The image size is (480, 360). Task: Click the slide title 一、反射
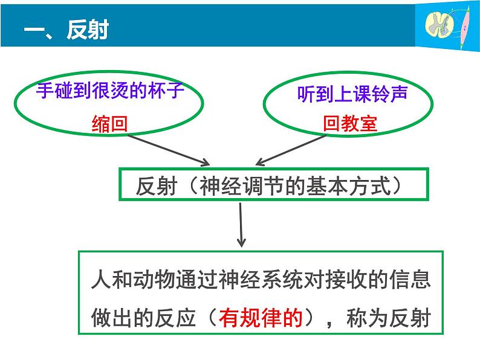coord(65,30)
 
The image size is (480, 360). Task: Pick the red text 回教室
coord(349,124)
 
